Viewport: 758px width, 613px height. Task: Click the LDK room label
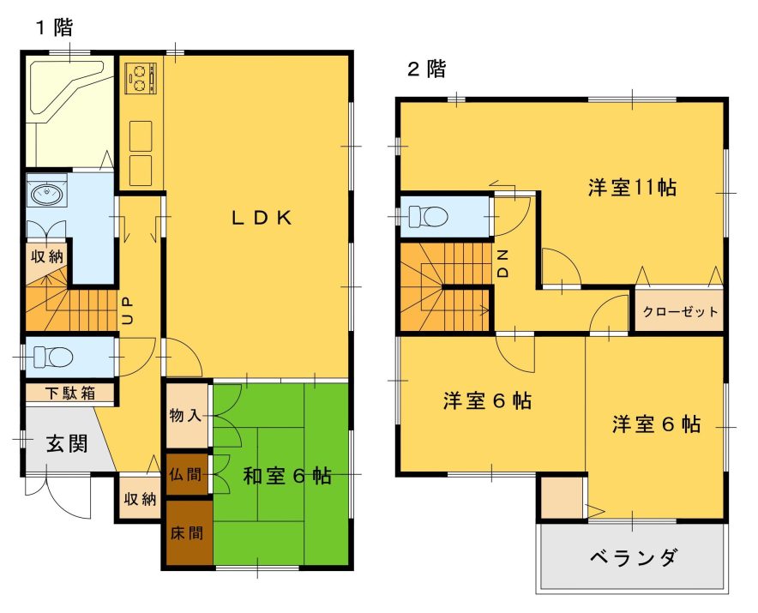click(262, 219)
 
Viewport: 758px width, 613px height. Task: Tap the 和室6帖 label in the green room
click(287, 476)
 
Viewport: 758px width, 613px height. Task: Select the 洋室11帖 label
click(632, 188)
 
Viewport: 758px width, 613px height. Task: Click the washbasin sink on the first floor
click(46, 194)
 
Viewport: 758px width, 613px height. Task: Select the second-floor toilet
click(427, 216)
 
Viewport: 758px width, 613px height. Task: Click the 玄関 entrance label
click(67, 443)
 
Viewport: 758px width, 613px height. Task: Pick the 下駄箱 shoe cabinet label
click(70, 394)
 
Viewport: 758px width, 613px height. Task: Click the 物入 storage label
click(185, 415)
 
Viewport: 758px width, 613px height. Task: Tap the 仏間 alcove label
click(185, 474)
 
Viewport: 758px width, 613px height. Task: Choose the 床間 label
click(187, 533)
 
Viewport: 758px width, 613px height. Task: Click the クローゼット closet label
click(680, 312)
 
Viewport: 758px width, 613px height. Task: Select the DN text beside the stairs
click(503, 263)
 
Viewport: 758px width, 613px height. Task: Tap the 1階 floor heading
click(55, 27)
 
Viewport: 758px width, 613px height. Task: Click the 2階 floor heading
click(426, 69)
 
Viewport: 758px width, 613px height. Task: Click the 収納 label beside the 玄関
click(140, 499)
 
